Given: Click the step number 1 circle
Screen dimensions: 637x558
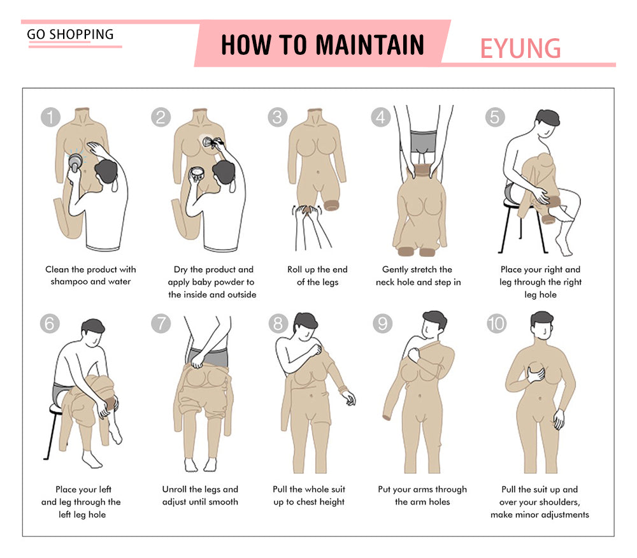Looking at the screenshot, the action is (x=50, y=117).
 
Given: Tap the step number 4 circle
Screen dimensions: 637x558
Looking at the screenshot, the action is (x=381, y=117).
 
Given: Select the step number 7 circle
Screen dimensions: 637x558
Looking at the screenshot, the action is (x=161, y=324).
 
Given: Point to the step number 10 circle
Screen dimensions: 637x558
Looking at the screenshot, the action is (x=496, y=324).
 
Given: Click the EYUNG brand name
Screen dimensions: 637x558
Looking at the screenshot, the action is (x=520, y=48).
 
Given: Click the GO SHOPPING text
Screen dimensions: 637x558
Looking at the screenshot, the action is (x=70, y=34).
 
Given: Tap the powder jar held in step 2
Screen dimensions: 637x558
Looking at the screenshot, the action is (x=197, y=175).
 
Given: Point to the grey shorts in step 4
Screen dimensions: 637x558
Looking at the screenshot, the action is (x=424, y=141).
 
